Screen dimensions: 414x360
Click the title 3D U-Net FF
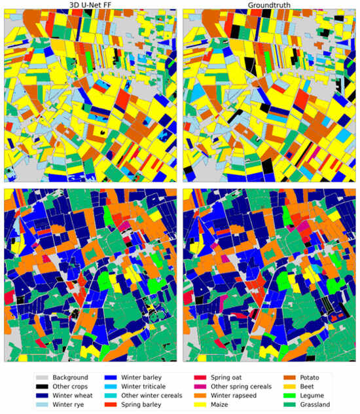coord(90,5)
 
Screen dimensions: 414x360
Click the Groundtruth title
coord(270,5)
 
